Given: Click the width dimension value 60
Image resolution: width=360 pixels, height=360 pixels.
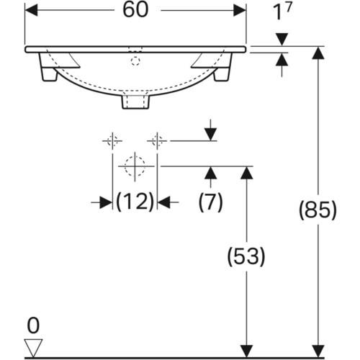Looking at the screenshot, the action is pos(135,10).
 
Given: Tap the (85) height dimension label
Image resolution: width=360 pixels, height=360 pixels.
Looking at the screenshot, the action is pos(318,210).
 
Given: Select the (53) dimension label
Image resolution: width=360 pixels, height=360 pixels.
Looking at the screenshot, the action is pos(246,256).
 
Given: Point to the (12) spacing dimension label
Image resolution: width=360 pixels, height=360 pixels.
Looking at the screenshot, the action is pos(135,202).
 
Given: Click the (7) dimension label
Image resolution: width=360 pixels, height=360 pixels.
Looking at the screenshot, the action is pos(211,202).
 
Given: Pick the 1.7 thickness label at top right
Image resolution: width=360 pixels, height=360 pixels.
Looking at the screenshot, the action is pos(282,12).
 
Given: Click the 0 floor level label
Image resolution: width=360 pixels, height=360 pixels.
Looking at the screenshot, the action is pos(33,325).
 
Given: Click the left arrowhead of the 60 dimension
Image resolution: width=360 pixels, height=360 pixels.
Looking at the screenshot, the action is pos(31,10).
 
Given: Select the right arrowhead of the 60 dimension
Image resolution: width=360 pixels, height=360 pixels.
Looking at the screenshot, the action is pos(240,10).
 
